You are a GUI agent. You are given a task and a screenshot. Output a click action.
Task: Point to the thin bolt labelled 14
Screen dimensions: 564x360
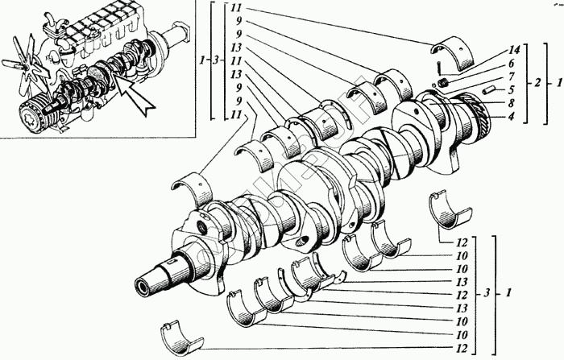click(x=433, y=67)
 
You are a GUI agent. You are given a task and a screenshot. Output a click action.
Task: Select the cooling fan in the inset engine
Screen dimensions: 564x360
click(x=25, y=60)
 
